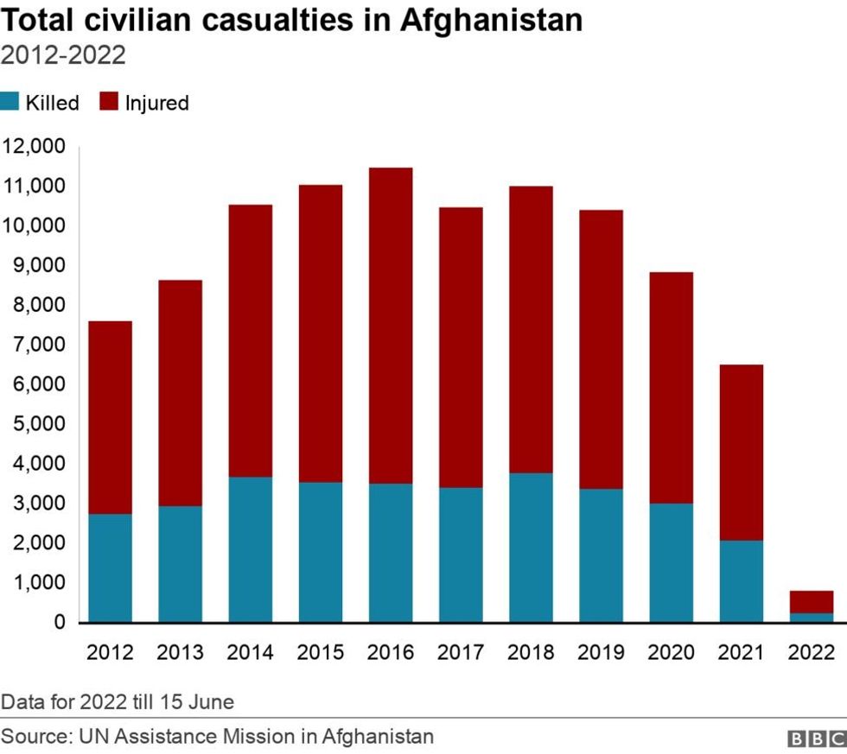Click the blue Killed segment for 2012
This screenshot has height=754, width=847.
pos(110,567)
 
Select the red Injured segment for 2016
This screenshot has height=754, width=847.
pos(391,326)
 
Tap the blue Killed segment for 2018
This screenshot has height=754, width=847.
pos(531,547)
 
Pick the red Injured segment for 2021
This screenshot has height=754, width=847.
pos(741,453)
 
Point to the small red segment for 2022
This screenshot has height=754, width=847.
pos(811,601)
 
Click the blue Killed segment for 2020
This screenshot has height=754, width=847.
pos(671,562)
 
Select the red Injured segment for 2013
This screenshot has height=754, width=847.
pos(180,393)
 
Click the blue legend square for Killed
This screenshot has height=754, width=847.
pos(10,103)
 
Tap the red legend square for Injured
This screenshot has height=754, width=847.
pos(109,103)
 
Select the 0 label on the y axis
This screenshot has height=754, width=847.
pos(59,622)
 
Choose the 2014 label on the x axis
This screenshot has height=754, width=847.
pos(251,652)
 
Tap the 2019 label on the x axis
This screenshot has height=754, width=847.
pos(601,652)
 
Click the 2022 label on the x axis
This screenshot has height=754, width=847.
pos(811,652)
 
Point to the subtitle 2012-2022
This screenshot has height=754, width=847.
pos(64,56)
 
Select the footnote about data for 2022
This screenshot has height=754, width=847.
pos(118,701)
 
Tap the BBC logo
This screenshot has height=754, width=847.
pos(816,738)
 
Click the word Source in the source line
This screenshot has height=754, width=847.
pos(35,737)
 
